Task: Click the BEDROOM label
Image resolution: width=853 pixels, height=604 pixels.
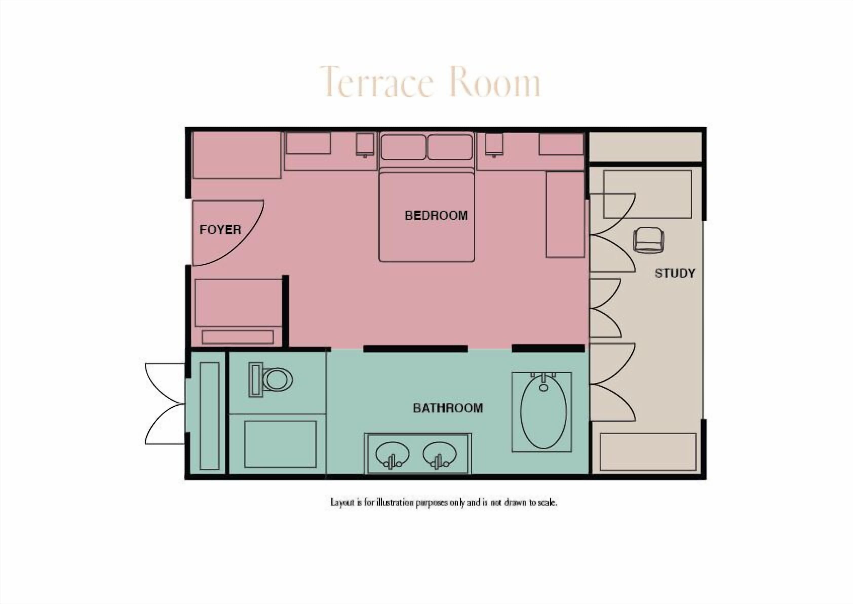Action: (x=436, y=216)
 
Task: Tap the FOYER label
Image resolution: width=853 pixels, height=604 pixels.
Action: (x=220, y=230)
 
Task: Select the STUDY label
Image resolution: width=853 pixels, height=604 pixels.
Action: (x=675, y=274)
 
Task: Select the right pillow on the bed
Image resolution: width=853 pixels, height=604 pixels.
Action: (x=450, y=147)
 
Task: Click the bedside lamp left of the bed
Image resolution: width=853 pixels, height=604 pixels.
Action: (x=365, y=145)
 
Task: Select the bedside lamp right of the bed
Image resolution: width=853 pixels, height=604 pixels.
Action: (x=494, y=145)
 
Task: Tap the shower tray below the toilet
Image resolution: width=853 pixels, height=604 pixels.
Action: (x=280, y=444)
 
